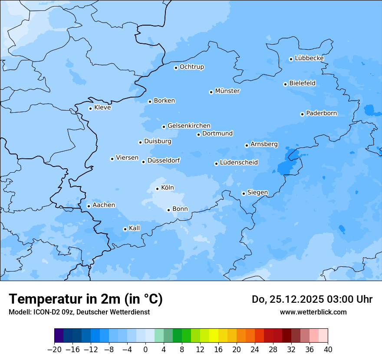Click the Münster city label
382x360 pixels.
tap(227, 91)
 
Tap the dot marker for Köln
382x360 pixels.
tap(157, 189)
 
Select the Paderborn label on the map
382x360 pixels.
tap(321, 113)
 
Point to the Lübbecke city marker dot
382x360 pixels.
tap(291, 59)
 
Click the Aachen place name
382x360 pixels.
tap(104, 205)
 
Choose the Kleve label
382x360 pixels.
tap(102, 108)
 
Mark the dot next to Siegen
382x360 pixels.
tap(244, 193)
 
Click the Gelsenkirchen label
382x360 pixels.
tap(189, 126)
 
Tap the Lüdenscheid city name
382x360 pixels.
tap(239, 163)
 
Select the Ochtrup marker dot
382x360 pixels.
tap(176, 68)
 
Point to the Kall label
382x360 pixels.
tap(135, 228)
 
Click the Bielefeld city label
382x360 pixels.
tap(302, 83)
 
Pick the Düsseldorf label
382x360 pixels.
tap(164, 161)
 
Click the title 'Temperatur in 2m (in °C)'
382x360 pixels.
tap(86, 299)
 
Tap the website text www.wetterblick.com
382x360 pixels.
tap(313, 312)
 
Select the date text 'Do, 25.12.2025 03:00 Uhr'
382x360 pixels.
tap(312, 299)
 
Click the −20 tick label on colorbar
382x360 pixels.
tap(54, 350)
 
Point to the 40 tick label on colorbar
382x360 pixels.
tap(328, 350)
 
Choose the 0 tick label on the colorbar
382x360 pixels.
tap(145, 350)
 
